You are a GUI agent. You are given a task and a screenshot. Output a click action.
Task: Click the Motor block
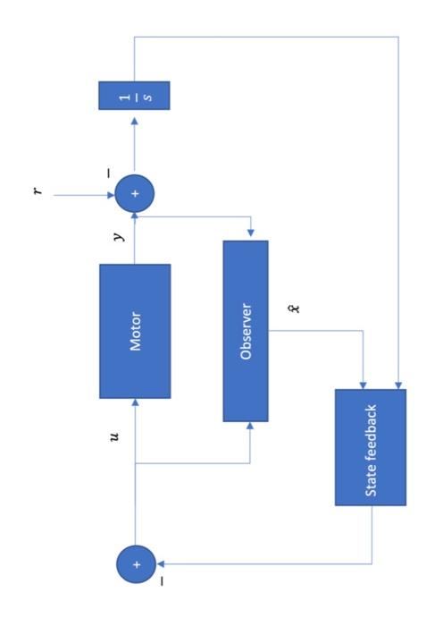(134, 330)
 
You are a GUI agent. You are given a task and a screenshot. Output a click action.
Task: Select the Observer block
(245, 330)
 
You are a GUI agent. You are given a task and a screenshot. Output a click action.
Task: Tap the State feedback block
(371, 446)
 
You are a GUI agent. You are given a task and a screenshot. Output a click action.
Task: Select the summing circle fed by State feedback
(135, 564)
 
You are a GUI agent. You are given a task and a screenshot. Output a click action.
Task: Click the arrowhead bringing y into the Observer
(251, 234)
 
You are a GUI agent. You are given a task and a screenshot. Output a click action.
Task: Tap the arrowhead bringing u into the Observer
(249, 427)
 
